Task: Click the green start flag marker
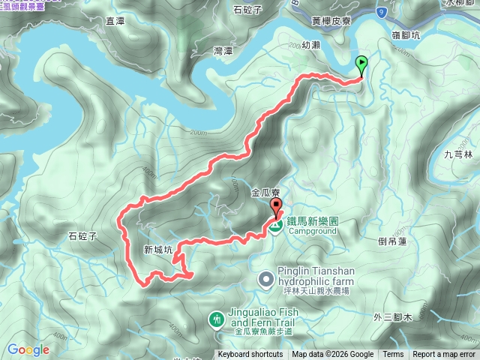pos(362,64)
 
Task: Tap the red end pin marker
pos(275,208)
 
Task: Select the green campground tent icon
pos(276,223)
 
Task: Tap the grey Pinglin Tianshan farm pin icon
pos(265,280)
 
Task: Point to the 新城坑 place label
pos(157,250)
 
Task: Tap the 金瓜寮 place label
pos(266,193)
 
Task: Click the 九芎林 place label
pos(458,154)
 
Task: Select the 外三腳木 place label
pos(393,318)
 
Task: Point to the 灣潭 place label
pos(223,51)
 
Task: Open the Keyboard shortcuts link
pos(250,354)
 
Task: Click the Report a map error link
pos(444,354)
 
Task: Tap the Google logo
pos(28,349)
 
